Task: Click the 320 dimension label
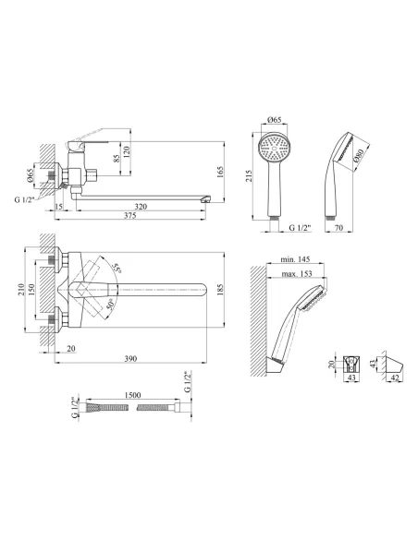(141, 206)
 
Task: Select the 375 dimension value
(129, 216)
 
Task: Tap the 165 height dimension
(220, 172)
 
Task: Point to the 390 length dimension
(130, 358)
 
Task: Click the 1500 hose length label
(132, 395)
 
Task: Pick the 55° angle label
(117, 269)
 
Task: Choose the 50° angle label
(111, 305)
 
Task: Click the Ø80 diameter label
(359, 155)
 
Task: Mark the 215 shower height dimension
(249, 176)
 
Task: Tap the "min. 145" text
(295, 259)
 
